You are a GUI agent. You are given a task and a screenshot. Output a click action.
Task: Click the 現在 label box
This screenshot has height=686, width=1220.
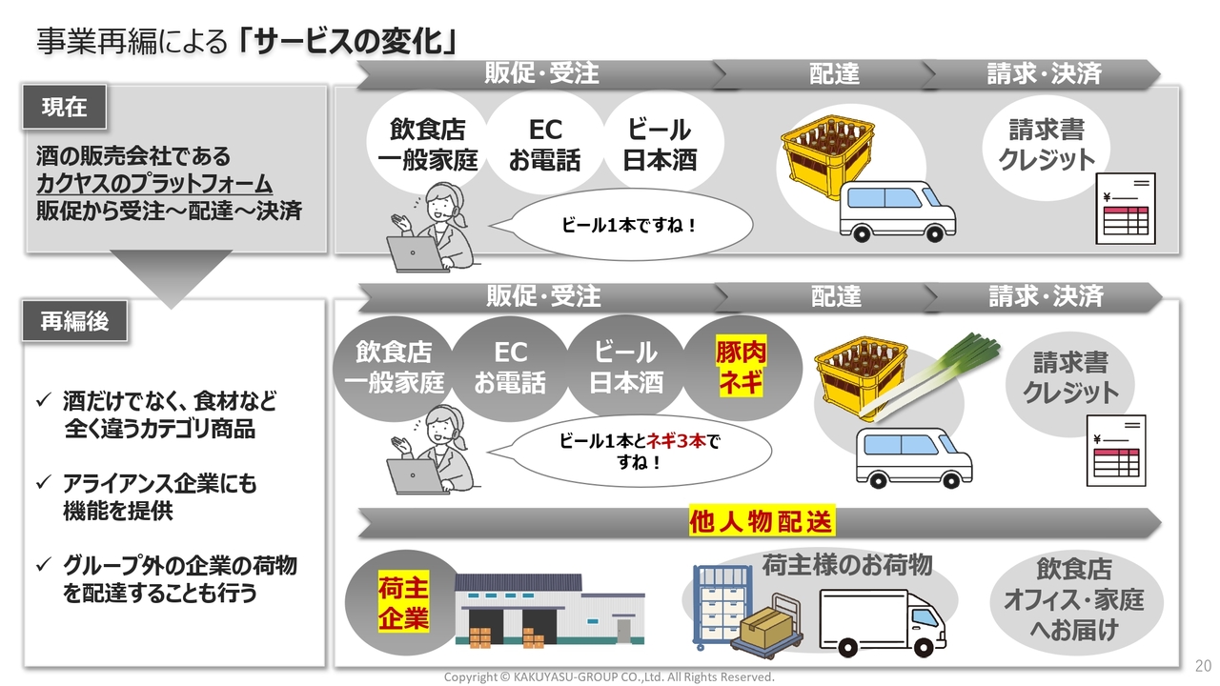64,107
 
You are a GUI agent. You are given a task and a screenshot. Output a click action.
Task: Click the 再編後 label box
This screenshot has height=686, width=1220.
74,321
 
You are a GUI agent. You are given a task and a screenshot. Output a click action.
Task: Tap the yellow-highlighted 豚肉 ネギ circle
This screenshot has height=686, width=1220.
742,368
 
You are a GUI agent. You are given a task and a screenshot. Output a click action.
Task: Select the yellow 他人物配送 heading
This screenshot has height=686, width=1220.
762,520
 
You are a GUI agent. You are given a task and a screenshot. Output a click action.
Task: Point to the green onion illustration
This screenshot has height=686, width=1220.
929,376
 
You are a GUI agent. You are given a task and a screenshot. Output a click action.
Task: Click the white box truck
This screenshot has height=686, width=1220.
883,623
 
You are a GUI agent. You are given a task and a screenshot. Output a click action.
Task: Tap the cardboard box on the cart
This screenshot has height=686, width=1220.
767,627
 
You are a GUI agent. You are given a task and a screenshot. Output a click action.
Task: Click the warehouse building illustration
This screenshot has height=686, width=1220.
550,610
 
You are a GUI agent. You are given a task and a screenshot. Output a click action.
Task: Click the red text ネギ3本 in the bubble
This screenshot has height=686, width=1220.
676,441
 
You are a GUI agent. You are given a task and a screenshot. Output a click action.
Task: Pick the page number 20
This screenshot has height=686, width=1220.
1203,665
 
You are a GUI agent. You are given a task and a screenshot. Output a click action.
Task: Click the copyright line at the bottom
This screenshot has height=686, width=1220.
609,676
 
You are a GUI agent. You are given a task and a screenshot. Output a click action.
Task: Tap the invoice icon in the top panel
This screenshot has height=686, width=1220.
1126,209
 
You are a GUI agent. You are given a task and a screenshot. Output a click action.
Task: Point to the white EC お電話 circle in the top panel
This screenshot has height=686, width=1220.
544,144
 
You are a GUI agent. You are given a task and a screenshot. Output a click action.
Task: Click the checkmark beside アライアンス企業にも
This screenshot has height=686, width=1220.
44,482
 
